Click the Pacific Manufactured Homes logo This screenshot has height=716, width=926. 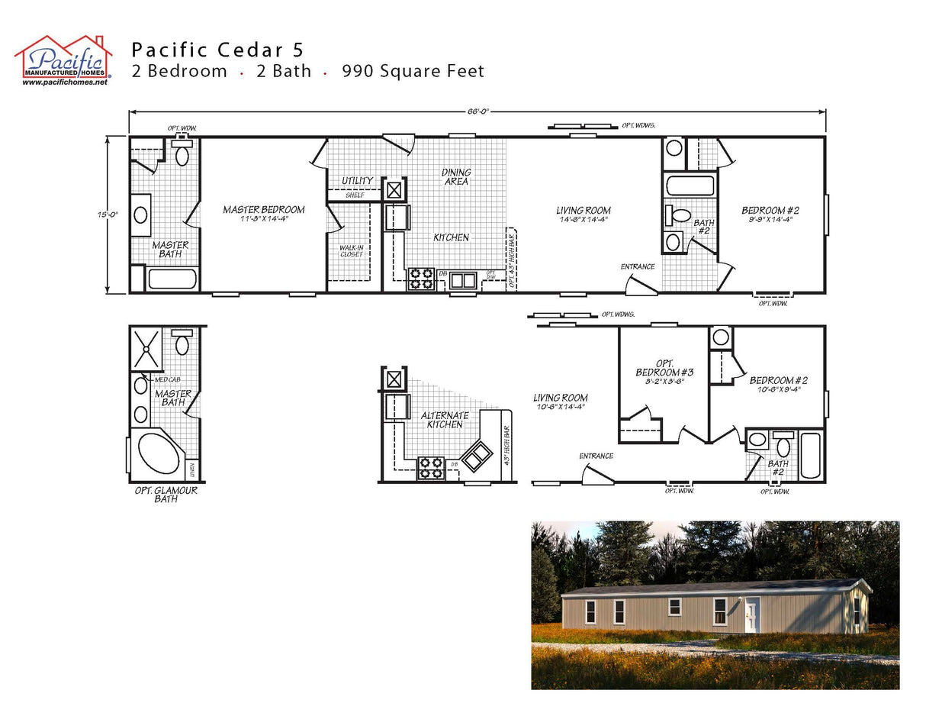point(63,60)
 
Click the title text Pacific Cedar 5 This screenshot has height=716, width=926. point(217,50)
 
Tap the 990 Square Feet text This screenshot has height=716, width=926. point(413,72)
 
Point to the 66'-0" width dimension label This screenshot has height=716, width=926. point(477,111)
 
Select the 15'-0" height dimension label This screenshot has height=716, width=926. point(107,215)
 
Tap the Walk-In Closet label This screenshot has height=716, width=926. point(352,250)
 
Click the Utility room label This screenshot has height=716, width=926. point(358,181)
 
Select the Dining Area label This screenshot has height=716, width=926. point(456,177)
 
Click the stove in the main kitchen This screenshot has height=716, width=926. point(421,279)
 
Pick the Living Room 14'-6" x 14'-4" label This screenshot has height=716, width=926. point(583,214)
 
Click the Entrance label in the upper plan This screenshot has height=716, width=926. point(638,266)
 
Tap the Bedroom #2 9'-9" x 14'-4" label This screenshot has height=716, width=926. point(770,214)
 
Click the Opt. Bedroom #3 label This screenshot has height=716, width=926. point(664,372)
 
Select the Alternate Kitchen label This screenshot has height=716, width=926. point(445,420)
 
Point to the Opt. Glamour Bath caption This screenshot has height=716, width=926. point(166,495)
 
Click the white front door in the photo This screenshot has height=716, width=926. point(751,615)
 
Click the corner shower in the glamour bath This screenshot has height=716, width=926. point(146,348)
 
